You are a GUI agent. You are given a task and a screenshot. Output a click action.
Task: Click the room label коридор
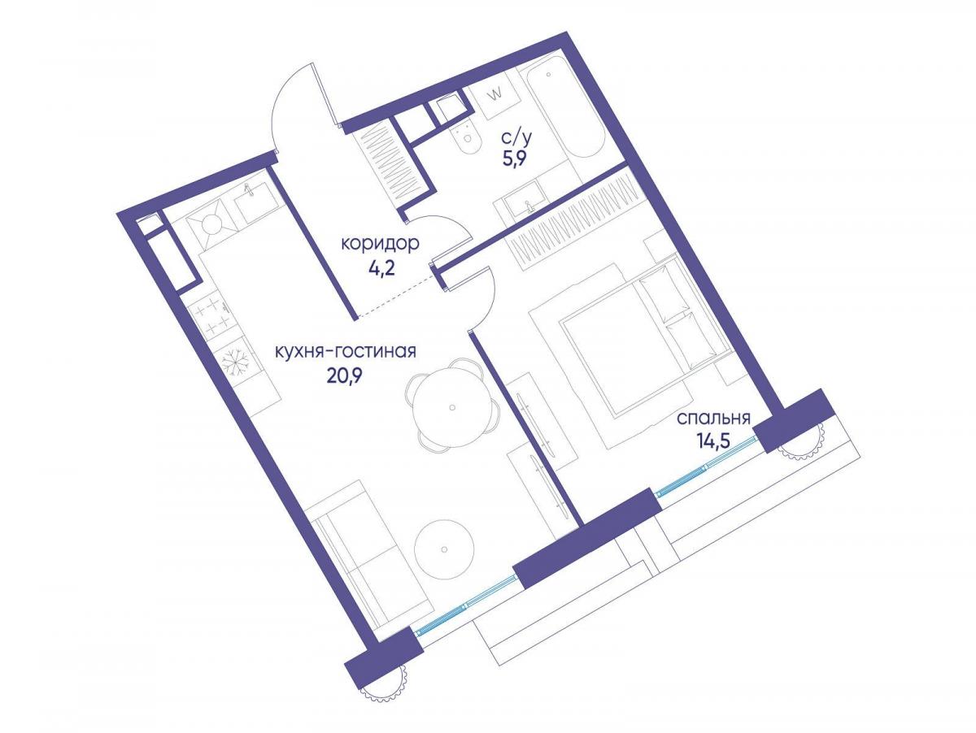coord(380,245)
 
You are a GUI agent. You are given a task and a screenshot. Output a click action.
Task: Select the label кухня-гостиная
coord(346,351)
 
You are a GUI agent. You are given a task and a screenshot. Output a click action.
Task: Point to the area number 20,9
coord(344,376)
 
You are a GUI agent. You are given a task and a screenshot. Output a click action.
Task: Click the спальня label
coord(714,419)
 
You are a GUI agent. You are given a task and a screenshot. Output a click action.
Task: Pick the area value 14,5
coord(714,443)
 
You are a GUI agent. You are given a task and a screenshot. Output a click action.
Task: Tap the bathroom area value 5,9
coord(515,158)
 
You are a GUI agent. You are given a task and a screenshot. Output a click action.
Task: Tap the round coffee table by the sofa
coord(444,549)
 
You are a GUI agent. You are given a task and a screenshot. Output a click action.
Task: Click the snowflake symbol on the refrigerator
coord(234,359)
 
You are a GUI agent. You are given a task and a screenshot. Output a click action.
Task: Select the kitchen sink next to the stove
coord(255,206)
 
